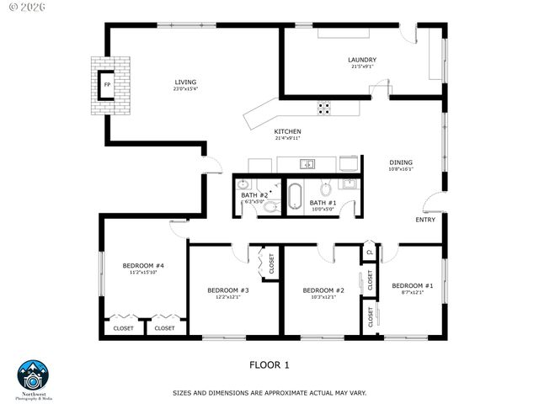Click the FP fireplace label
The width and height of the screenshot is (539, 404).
coord(107,85)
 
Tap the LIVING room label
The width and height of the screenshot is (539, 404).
coord(185,81)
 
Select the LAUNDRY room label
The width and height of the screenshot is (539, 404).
coord(362,60)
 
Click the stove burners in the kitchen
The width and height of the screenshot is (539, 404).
coord(323,108)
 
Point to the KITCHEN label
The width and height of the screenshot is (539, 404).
coord(287,131)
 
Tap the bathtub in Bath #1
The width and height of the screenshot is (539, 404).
coord(295,196)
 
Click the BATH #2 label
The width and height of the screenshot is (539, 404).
coord(253,195)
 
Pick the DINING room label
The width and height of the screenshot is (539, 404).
coord(401,162)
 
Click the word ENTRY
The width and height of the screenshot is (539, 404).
coord(425,220)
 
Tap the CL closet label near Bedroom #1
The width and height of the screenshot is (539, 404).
coord(370,252)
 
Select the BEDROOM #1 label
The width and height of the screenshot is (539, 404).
coord(413,284)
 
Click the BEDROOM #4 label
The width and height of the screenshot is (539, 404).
coord(142,266)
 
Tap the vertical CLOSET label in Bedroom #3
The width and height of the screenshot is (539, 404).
coord(271,263)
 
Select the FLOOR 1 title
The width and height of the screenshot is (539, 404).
coord(269,364)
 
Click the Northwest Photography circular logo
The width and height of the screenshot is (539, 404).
coord(34,376)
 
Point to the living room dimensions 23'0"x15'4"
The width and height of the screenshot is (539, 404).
coord(185,88)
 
